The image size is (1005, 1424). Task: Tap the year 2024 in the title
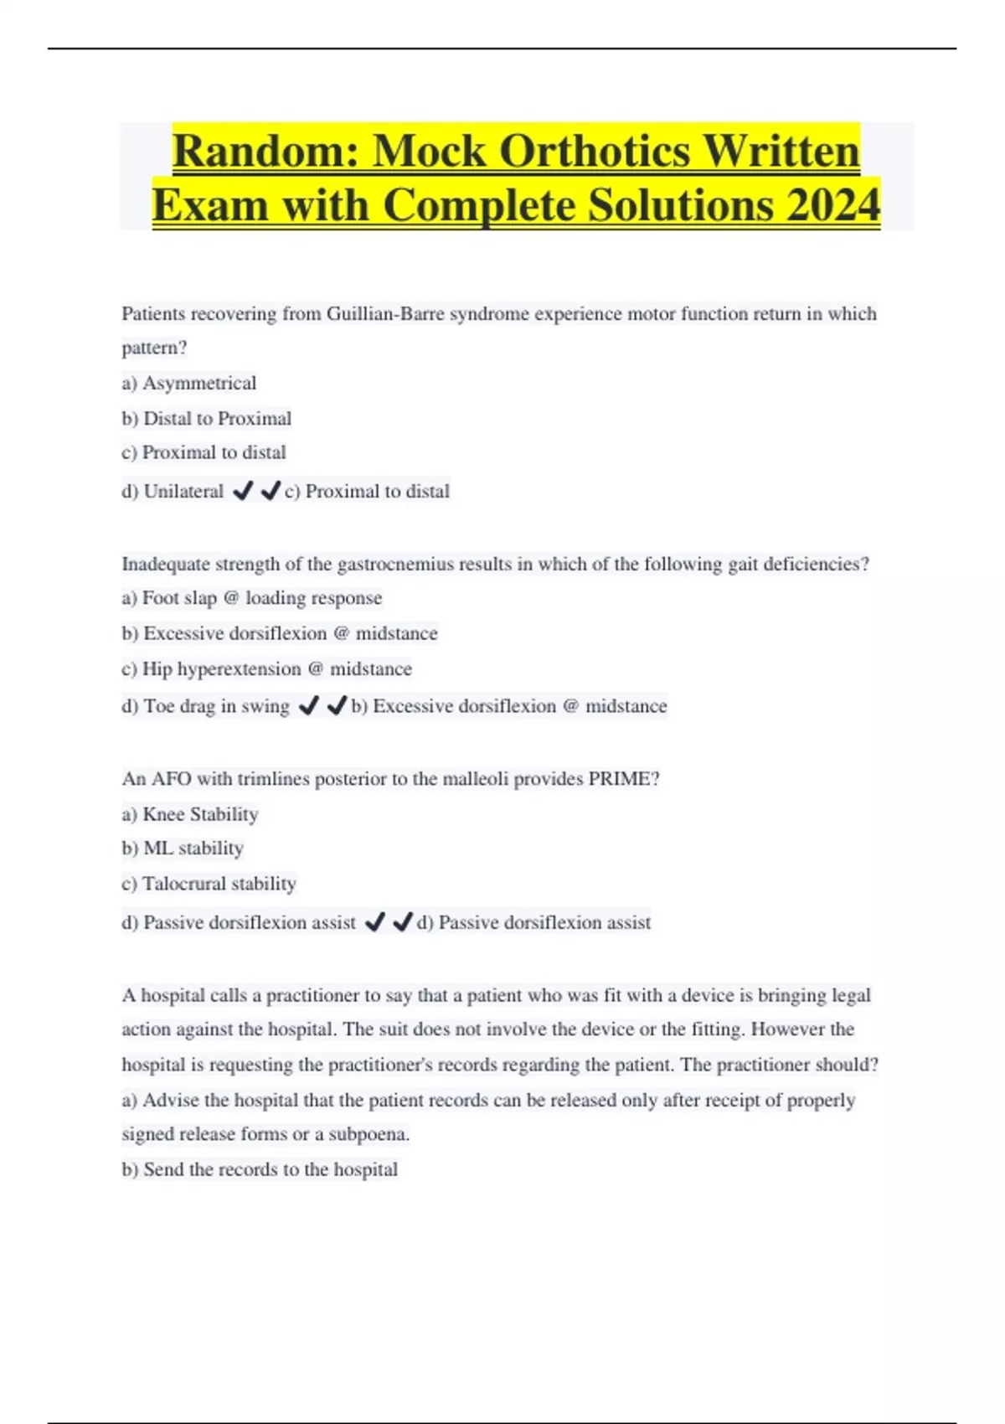[832, 206]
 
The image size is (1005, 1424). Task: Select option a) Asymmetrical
[189, 384]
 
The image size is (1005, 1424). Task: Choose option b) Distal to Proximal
[207, 419]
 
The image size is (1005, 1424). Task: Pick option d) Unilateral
[173, 492]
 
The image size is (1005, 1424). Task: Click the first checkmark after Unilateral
[243, 491]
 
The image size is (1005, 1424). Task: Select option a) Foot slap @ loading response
[252, 598]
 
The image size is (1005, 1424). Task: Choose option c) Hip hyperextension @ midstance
[267, 669]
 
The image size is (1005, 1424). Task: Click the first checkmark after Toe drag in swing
[308, 706]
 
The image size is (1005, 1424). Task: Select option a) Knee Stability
[190, 814]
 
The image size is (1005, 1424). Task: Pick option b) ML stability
[183, 849]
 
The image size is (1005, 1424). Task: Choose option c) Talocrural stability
[209, 884]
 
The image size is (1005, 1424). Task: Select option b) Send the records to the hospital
[260, 1169]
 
